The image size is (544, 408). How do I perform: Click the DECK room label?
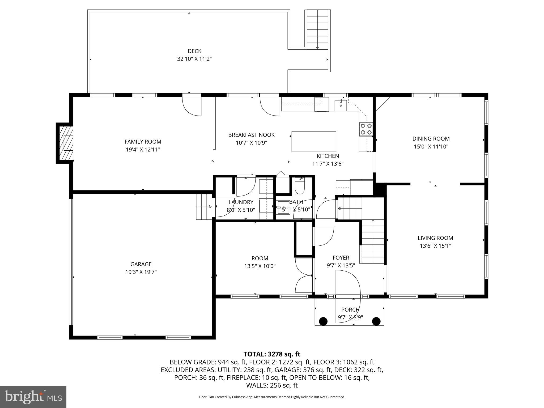click(194, 51)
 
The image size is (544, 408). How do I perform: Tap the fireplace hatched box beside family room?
click(65, 143)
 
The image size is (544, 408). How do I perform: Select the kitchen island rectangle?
click(314, 141)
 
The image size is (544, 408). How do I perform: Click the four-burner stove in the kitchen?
click(366, 129)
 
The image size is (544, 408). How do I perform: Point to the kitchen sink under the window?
click(341, 105)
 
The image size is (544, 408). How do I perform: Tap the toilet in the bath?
click(300, 187)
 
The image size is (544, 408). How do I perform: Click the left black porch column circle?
click(323, 321)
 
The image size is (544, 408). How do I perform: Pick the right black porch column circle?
click(376, 321)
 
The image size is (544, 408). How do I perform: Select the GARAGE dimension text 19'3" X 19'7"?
click(141, 272)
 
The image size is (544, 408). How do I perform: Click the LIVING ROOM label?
click(435, 238)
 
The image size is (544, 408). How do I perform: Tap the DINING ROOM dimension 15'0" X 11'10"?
click(431, 146)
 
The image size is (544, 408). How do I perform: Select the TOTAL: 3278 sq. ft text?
click(272, 354)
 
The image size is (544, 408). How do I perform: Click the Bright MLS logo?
click(33, 397)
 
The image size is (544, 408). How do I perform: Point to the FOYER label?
click(341, 258)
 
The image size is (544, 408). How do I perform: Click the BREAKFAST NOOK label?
click(251, 135)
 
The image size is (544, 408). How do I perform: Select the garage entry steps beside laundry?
click(204, 207)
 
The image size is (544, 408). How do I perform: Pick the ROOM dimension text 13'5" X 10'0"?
click(260, 266)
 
